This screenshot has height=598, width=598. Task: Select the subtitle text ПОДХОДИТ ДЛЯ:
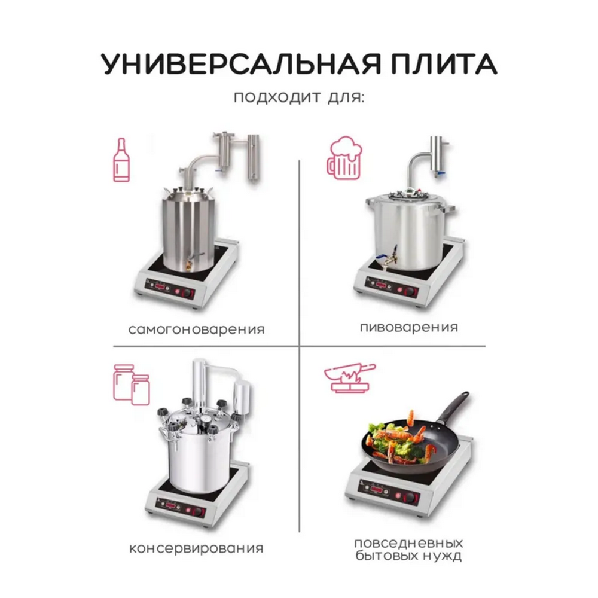(299, 97)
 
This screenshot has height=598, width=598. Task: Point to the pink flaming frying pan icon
(349, 377)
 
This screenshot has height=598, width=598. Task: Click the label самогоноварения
(196, 329)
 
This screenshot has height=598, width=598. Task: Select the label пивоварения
(410, 327)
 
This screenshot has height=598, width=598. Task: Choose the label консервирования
(196, 548)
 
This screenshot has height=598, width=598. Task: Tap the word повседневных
(409, 544)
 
